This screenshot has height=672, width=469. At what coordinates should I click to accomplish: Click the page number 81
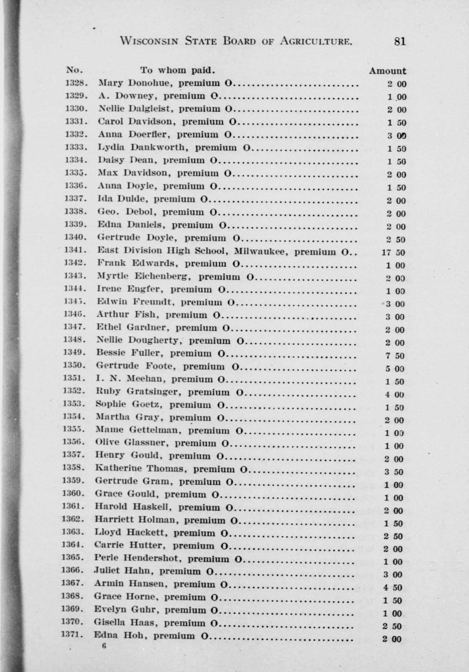(400, 42)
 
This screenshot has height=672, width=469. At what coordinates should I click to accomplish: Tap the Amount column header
(387, 71)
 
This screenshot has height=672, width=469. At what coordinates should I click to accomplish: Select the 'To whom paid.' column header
(178, 71)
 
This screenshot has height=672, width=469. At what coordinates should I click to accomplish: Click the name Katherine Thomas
(142, 469)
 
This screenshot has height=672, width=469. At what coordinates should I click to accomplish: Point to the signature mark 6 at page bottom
(104, 645)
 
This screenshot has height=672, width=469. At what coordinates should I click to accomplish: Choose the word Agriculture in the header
(316, 41)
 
